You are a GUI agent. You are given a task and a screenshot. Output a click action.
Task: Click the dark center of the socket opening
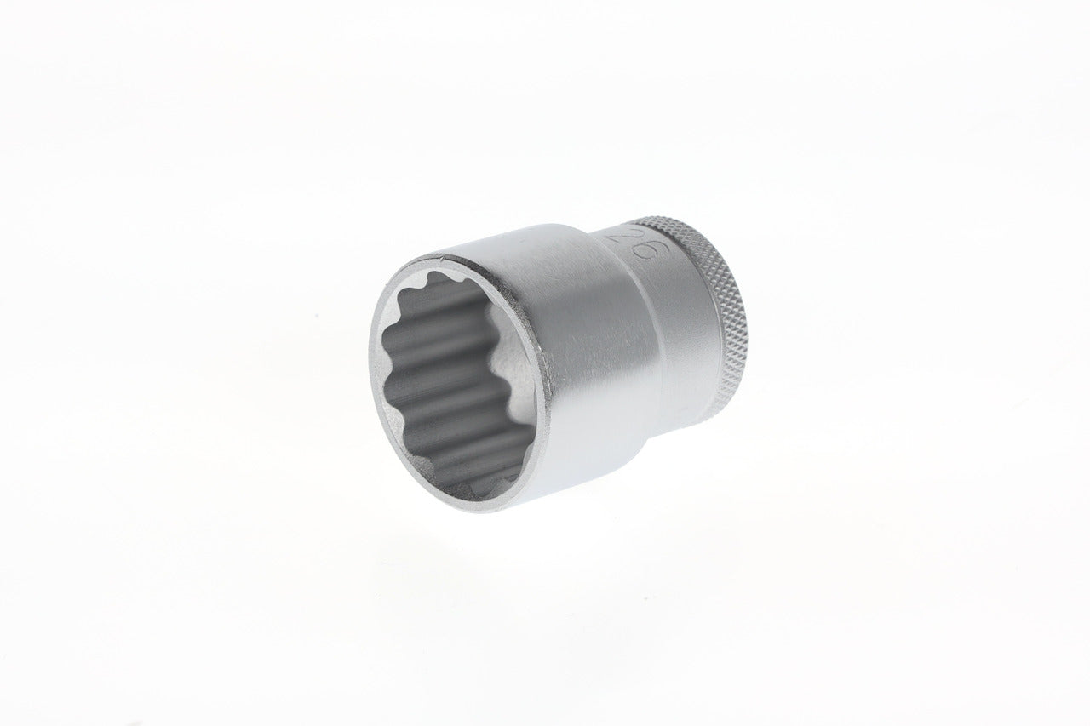click(451, 383)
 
